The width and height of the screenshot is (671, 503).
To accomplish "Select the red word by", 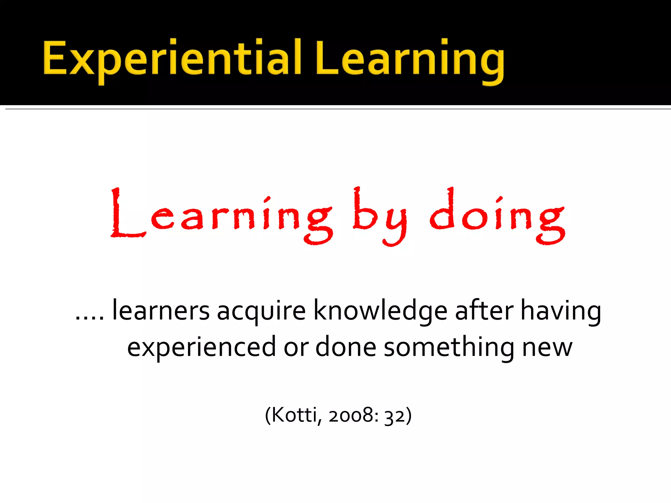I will point(380,216).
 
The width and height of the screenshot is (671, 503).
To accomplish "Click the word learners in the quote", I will point(161,310).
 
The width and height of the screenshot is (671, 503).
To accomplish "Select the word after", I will point(484,310).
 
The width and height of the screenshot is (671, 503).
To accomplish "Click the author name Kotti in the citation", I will point(294,415).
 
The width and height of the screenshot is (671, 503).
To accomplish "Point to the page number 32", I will point(394,415).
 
